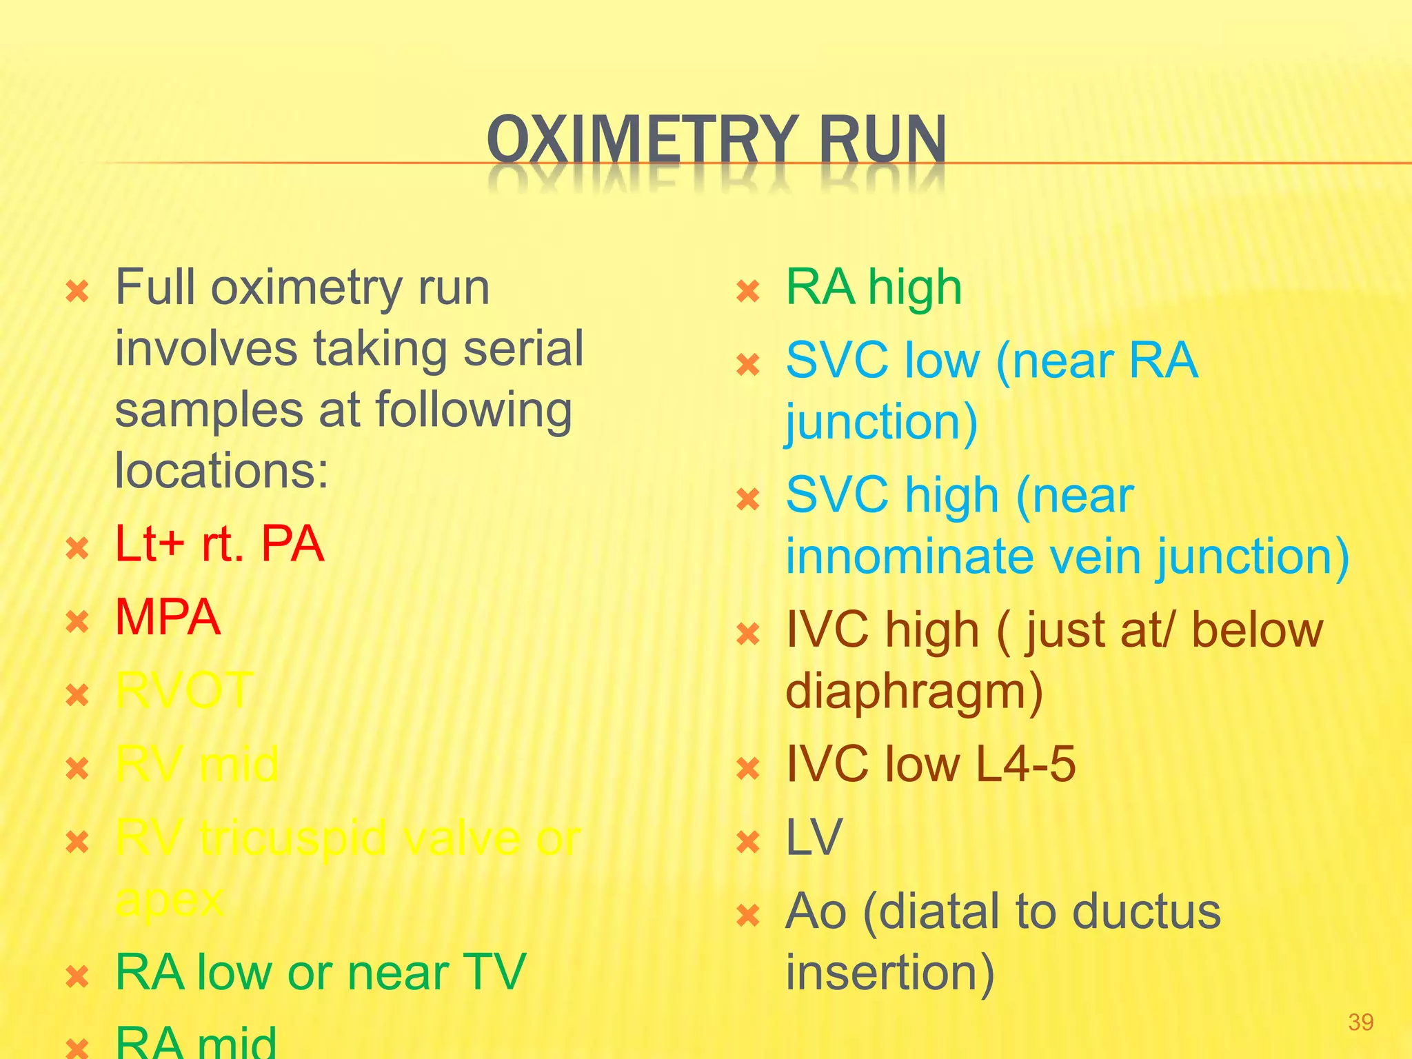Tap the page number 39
pos(1360,1022)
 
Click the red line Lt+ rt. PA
pos(219,544)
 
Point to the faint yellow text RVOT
pos(184,690)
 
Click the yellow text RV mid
pos(196,764)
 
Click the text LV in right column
pos(814,838)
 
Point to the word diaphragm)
pos(914,692)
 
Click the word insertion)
pos(890,972)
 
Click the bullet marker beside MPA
pos(77,622)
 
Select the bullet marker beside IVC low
pos(748,768)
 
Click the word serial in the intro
pos(523,349)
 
